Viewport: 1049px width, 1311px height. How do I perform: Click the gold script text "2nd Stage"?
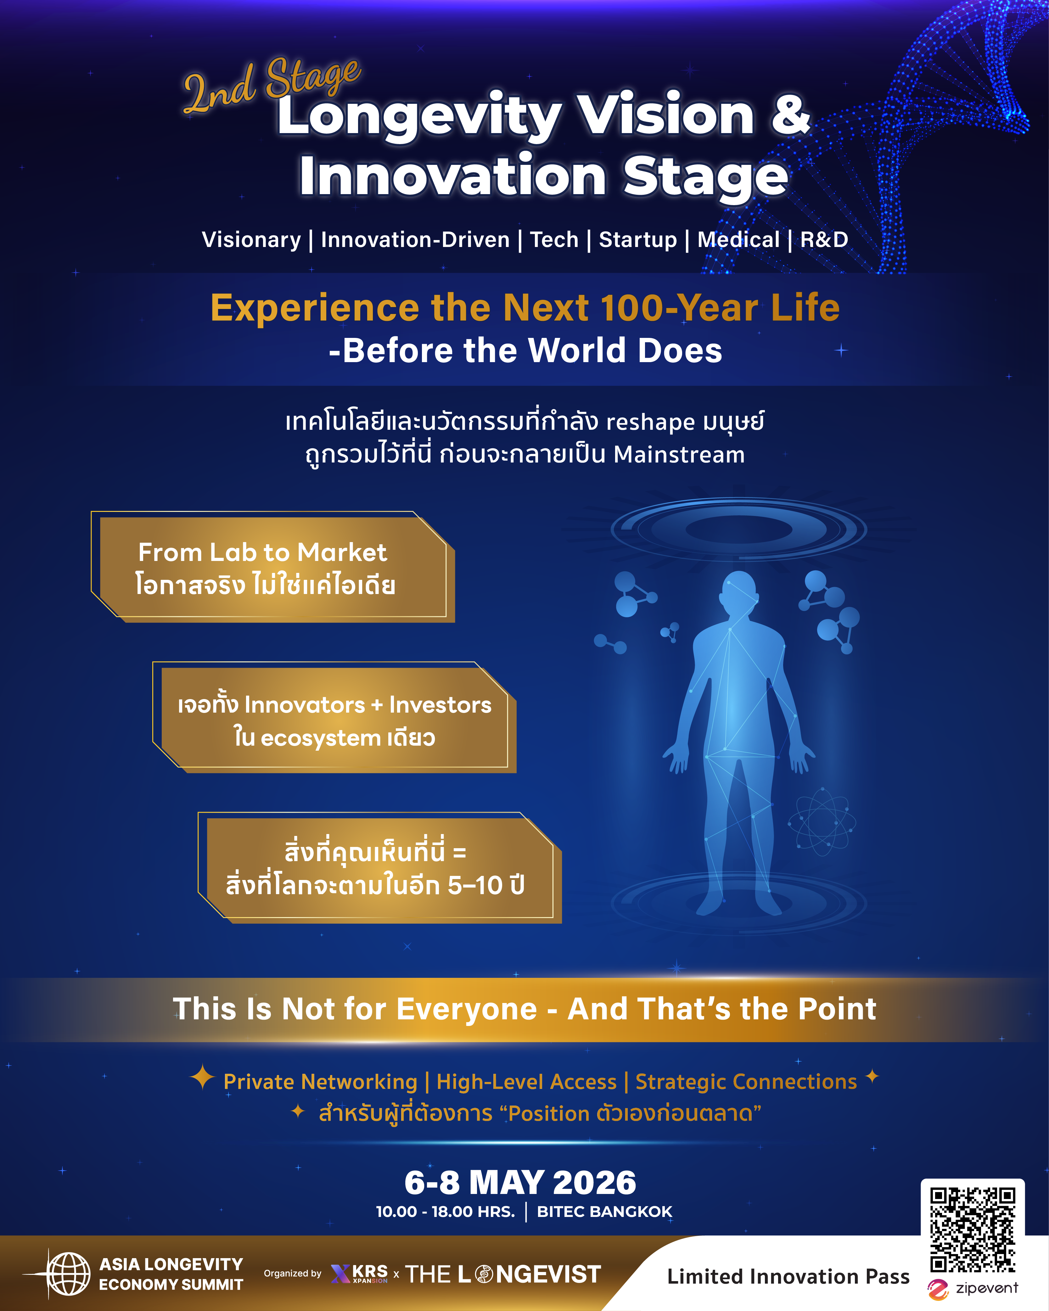(272, 85)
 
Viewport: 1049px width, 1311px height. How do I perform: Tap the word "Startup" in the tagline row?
(637, 240)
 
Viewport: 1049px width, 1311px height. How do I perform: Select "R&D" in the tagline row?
(824, 240)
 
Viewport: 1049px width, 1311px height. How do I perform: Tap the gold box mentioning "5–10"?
(379, 868)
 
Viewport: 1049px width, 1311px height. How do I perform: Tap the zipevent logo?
(972, 1288)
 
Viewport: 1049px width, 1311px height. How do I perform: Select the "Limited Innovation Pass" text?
(788, 1276)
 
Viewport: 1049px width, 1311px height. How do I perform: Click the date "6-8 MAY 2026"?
(520, 1183)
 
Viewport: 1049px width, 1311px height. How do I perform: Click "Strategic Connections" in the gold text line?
(746, 1082)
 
